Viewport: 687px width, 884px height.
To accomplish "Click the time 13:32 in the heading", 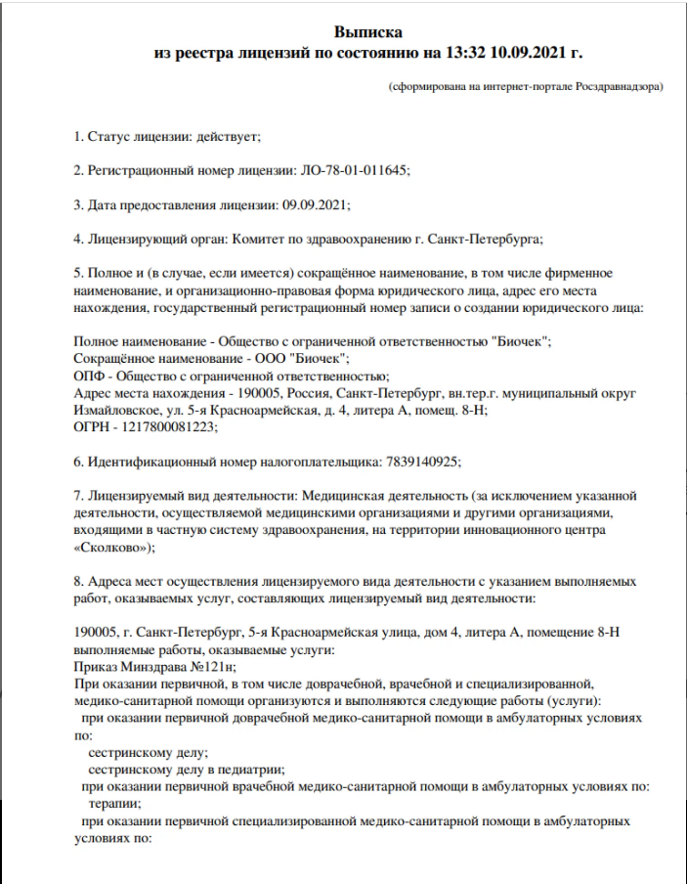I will point(449,52).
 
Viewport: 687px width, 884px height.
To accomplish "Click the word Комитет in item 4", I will point(263,239).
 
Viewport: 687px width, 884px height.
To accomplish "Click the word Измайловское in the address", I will point(115,410).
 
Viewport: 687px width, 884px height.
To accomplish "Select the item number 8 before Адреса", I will point(78,580).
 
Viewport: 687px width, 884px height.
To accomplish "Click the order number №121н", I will point(199,667).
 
